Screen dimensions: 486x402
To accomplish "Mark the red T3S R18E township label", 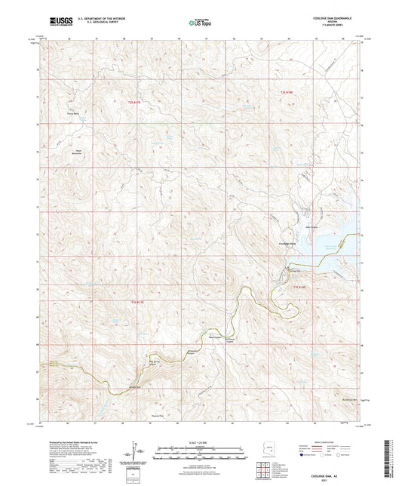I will click(298, 286).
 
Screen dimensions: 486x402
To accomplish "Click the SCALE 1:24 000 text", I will click(200, 441).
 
